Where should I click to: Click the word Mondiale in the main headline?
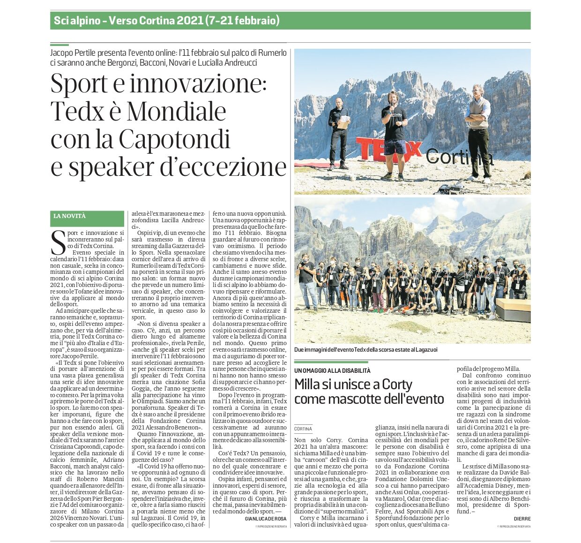pos(176,112)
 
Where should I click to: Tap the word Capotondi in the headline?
pos(175,139)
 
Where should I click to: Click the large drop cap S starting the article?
pos(58,242)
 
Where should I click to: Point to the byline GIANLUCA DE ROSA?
pos(265,519)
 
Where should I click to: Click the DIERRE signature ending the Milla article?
pos(522,519)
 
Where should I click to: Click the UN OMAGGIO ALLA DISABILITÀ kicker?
pos(332,370)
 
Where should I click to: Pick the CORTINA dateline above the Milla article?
pos(303,429)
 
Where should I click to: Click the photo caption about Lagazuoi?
pos(366,350)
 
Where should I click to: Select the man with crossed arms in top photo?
pos(478,131)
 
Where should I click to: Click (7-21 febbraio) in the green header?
pos(242,21)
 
